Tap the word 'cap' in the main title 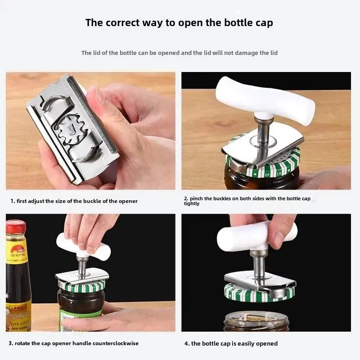(262, 22)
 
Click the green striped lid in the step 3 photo (81, 285)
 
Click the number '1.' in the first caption (13, 201)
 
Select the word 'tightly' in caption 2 (192, 204)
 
